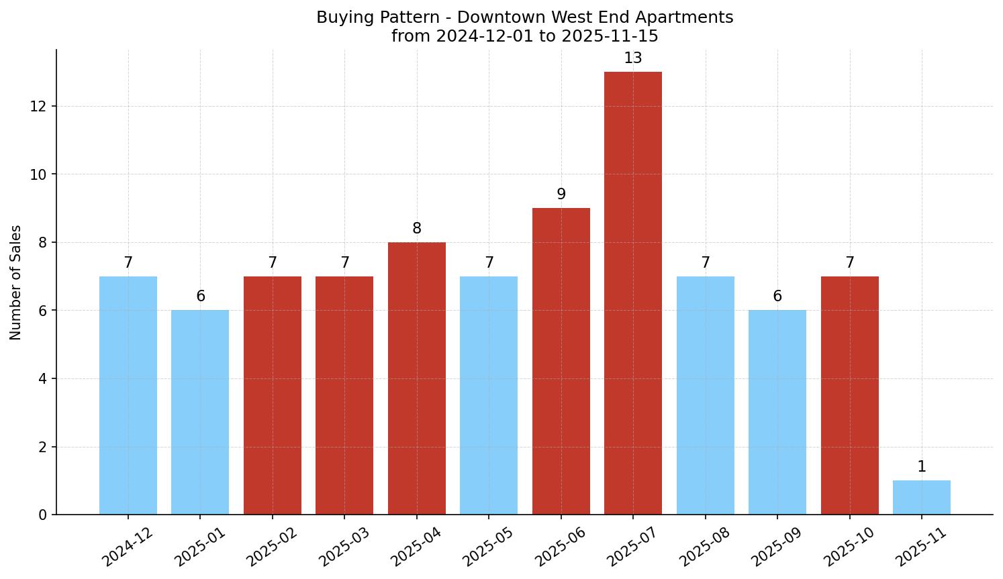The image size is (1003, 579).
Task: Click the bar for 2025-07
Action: coord(633,293)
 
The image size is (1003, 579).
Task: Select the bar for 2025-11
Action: coord(922,498)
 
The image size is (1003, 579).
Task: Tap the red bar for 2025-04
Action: coord(417,378)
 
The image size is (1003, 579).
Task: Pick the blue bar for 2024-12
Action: coord(128,395)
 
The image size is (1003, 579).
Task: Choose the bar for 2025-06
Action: coord(561,361)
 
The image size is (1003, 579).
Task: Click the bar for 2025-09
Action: coord(777,412)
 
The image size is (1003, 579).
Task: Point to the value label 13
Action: coord(633,58)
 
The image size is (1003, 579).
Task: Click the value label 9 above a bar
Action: coord(561,195)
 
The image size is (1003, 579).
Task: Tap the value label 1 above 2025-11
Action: coord(922,467)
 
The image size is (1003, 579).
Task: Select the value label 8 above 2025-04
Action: coord(417,229)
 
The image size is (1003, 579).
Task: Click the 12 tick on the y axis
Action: coord(39,106)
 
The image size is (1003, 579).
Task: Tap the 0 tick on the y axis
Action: coord(43,515)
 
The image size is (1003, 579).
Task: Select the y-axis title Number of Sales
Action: coord(16,282)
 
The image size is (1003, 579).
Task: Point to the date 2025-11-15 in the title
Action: coord(610,36)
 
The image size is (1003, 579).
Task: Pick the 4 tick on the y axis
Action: coord(43,378)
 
